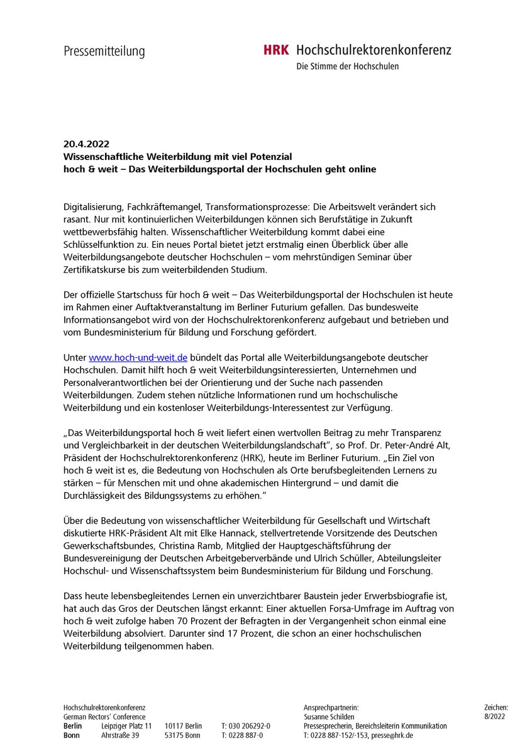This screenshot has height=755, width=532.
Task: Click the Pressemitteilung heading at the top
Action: (104, 51)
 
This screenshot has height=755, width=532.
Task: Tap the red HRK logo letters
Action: (276, 50)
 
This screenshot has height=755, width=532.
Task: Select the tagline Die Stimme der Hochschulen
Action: (347, 66)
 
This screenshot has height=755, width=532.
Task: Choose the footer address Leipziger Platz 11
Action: (126, 726)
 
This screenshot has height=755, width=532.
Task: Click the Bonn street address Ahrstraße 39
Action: (119, 735)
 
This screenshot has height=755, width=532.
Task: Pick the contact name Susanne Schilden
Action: (329, 717)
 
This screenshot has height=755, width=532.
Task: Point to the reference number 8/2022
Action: (496, 717)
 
